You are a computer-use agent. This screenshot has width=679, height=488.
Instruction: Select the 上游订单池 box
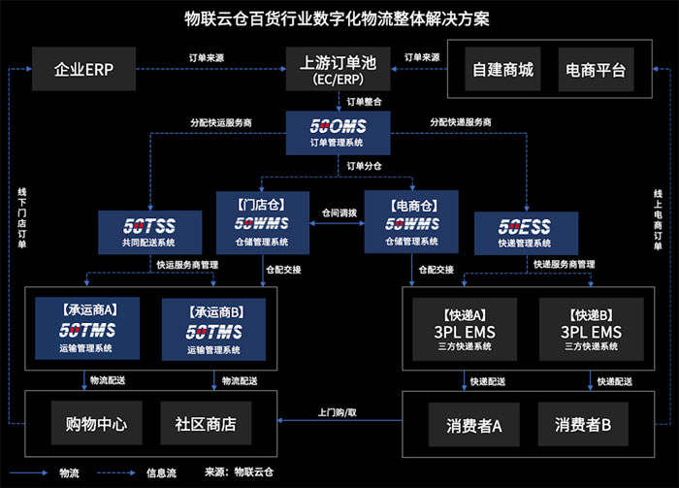tap(339, 69)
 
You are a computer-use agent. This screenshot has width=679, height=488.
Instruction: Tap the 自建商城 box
tap(502, 70)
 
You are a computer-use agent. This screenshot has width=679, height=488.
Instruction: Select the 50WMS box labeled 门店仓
tap(255, 222)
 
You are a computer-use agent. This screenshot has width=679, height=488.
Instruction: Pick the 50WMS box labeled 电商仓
tap(410, 222)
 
